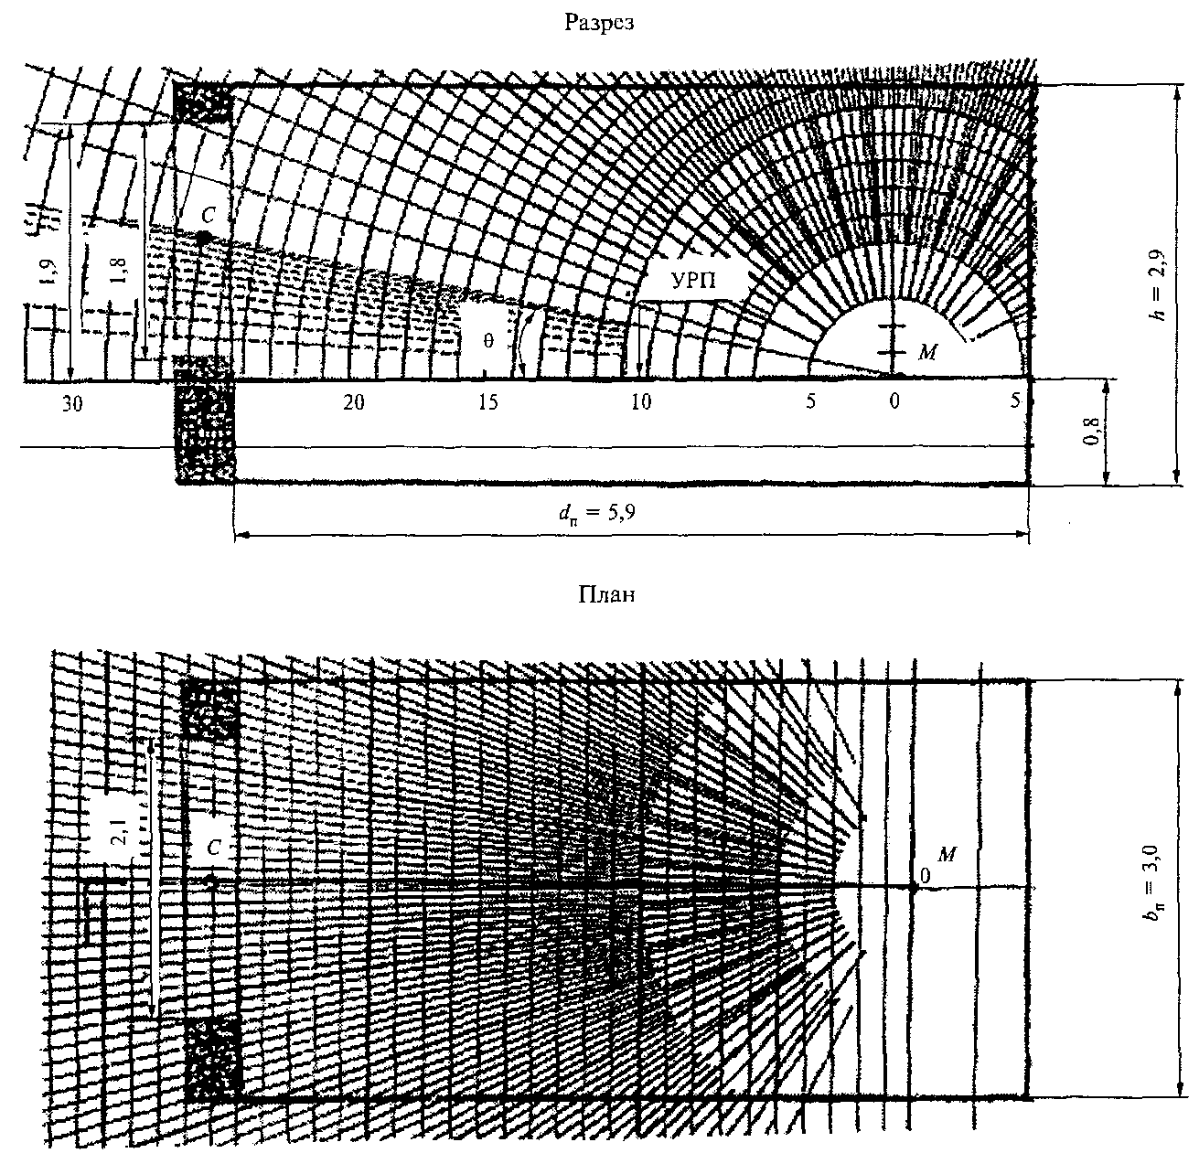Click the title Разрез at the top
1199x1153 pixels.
599,24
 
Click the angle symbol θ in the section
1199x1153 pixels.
488,341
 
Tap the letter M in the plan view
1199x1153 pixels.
947,854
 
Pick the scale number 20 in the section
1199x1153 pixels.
354,403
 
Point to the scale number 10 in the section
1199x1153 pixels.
642,403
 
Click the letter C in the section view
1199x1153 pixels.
209,216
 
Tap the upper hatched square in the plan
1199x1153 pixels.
210,708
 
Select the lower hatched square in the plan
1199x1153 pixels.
213,1058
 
